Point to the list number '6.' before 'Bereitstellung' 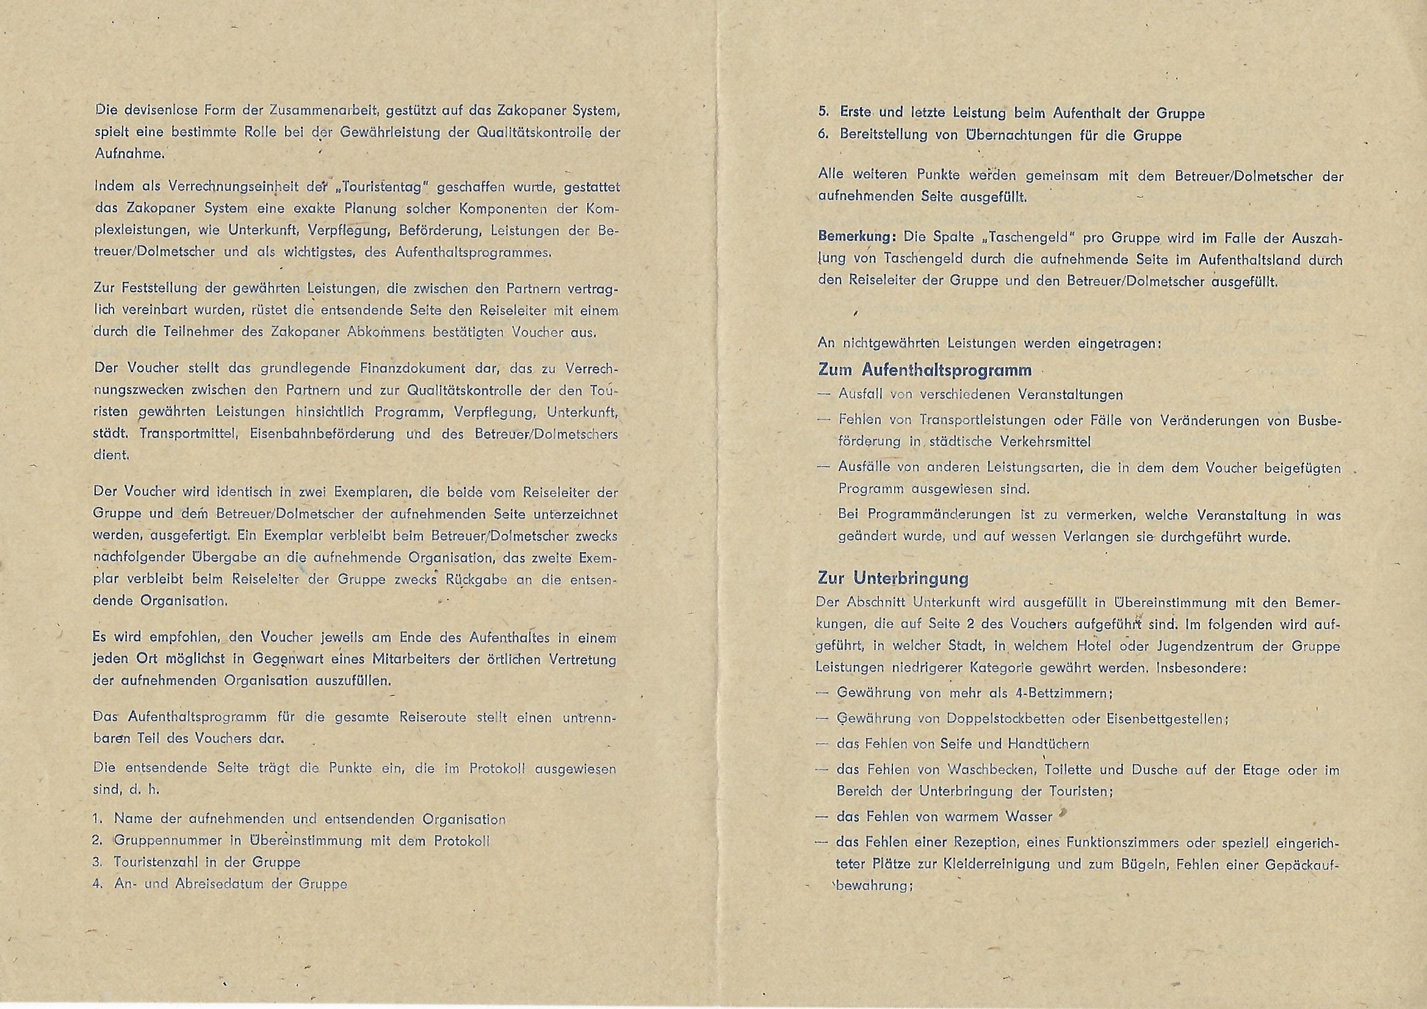[823, 135]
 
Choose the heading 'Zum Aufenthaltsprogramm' [925, 370]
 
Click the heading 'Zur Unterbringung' [892, 578]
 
